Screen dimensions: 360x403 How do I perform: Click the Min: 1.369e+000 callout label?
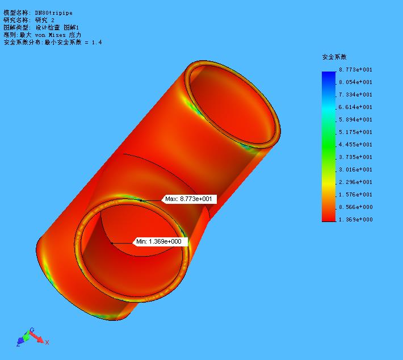point(160,241)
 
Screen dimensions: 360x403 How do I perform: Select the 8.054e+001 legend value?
point(355,82)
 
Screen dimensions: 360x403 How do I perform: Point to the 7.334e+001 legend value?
point(355,95)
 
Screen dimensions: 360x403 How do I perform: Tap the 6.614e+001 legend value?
point(355,107)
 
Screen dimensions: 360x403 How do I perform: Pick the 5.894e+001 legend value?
point(355,120)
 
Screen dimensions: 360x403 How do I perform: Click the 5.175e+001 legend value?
point(355,132)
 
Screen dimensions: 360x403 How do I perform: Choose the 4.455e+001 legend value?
point(355,145)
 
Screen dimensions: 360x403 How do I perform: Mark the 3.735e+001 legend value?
point(355,157)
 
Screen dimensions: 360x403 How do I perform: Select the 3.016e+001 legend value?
point(355,170)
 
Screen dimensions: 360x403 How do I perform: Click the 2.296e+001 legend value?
point(355,182)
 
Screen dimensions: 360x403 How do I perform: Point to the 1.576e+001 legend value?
point(355,195)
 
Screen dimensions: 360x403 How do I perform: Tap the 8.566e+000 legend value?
point(355,207)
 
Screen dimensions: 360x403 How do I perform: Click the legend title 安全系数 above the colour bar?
point(334,57)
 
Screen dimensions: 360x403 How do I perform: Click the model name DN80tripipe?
point(53,12)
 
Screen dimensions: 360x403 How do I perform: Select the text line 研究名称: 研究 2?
point(37,20)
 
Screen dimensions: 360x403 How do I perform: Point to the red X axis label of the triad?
point(47,342)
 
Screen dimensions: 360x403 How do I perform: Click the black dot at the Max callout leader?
point(141,200)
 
